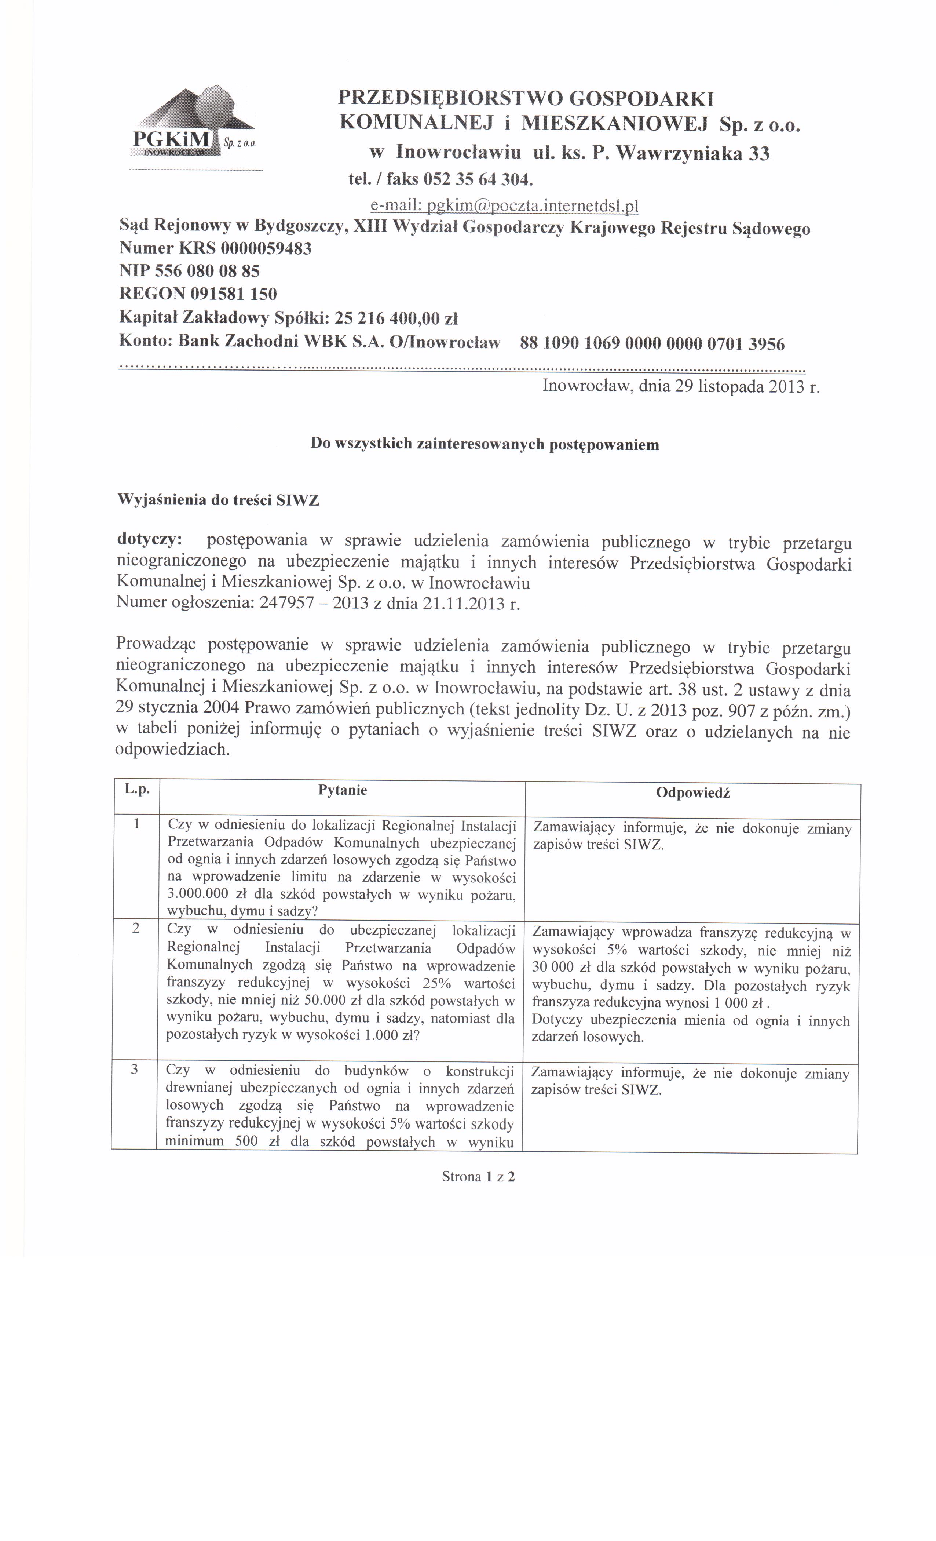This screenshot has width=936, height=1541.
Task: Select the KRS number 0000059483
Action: (266, 248)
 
